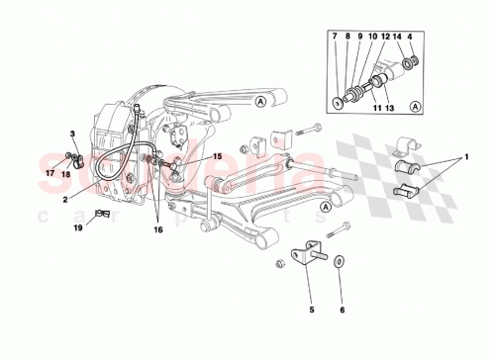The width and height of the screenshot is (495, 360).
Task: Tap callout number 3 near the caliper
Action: [x=72, y=134]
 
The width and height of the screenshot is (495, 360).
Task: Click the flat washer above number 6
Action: [x=341, y=261]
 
